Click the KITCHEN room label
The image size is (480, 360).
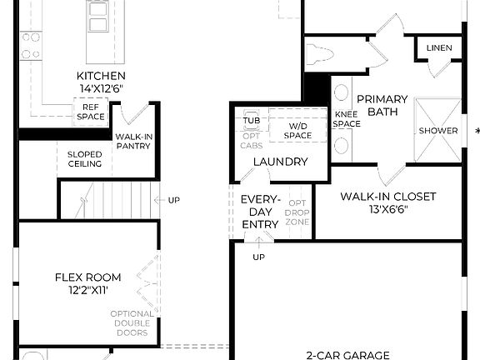click(x=101, y=76)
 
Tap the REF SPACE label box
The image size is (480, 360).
click(x=92, y=111)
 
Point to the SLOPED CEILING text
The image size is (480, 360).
click(x=84, y=158)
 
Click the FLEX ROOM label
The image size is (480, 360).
click(x=87, y=277)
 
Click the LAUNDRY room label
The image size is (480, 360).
click(x=280, y=162)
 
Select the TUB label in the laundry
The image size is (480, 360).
click(x=252, y=120)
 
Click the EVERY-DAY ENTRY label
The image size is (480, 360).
click(x=260, y=212)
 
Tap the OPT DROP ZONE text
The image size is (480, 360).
click(x=297, y=212)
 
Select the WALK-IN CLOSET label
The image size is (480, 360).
click(x=387, y=197)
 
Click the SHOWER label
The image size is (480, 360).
click(x=438, y=131)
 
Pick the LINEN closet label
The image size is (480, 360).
click(x=439, y=48)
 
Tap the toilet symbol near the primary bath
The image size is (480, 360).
click(x=322, y=55)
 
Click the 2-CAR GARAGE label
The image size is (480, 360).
click(x=347, y=355)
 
